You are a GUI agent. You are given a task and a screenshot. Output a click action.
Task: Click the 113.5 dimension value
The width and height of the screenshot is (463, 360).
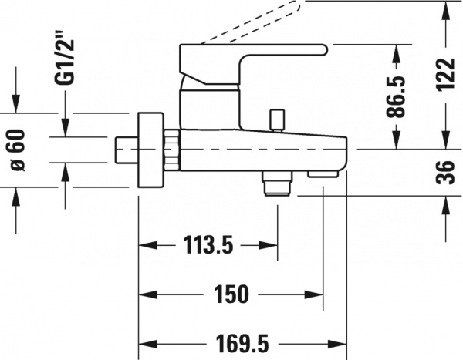pyautogui.click(x=208, y=246)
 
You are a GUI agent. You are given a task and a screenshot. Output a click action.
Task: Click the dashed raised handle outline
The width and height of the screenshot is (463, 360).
pyautogui.click(x=255, y=23)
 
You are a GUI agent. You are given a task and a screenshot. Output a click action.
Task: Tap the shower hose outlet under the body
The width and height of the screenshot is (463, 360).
pyautogui.click(x=275, y=183)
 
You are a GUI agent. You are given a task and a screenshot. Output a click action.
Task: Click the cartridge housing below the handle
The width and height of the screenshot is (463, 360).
pyautogui.click(x=210, y=108)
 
